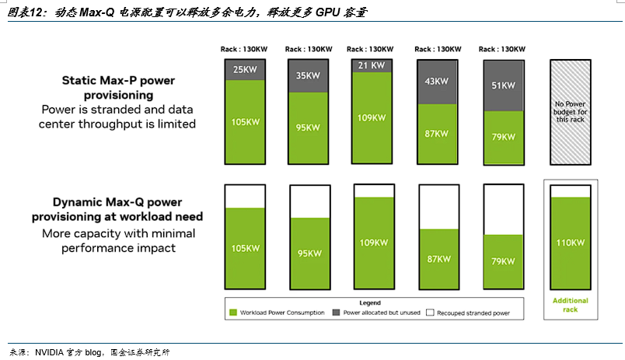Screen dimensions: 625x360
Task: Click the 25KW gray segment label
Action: coord(245,69)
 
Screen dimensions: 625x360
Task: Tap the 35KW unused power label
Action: coord(308,75)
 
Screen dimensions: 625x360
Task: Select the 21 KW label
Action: coord(371,65)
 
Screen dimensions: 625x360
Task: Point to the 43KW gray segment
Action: coord(437,82)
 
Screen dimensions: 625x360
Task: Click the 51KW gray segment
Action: coord(504,86)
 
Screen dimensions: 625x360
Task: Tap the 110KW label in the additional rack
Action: coord(571,243)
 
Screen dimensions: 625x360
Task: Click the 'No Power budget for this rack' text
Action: coord(571,112)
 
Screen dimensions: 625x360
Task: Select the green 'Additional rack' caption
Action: coord(571,305)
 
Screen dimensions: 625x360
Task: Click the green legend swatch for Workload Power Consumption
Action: coord(233,313)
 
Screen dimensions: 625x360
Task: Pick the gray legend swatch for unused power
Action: coord(336,313)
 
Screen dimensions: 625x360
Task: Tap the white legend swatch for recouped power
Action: coord(430,313)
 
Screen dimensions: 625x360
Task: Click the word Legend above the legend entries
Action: coord(370,303)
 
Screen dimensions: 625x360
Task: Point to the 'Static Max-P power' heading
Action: coord(118,81)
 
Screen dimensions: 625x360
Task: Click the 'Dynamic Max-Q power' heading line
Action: coord(117,202)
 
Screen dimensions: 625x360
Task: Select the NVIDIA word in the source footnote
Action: coord(49,352)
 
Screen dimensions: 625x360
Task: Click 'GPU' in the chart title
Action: coord(327,12)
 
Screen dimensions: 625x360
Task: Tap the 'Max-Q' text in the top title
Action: coord(97,12)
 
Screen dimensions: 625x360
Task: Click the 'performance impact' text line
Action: coord(118,248)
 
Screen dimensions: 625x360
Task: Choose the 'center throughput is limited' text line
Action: coord(117,124)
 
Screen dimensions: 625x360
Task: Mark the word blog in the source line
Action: coord(93,352)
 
